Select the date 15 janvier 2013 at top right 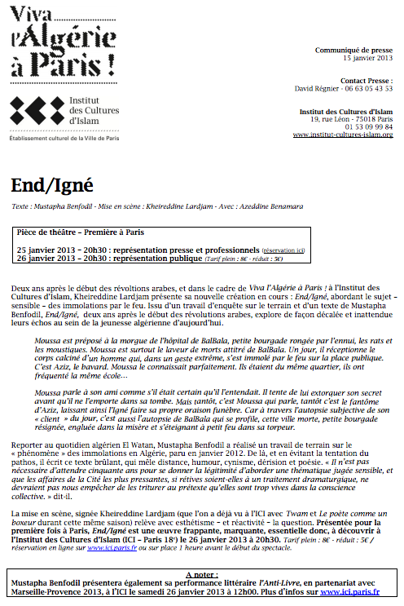(367, 59)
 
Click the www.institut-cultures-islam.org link (343, 134)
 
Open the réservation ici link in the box (283, 249)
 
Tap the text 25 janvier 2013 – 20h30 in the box (63, 249)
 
